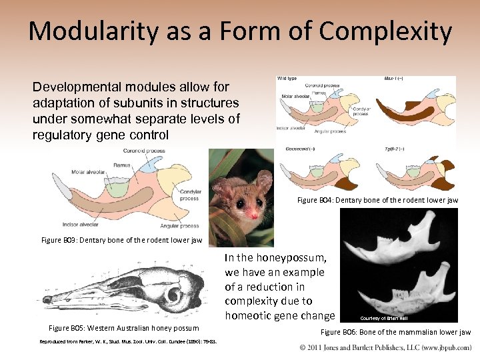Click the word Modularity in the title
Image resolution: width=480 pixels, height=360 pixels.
tap(93, 31)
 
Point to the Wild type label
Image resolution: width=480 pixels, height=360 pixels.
tap(288, 79)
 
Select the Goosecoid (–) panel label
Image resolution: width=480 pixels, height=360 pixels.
tap(300, 148)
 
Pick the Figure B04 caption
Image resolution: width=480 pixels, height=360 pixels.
tap(377, 200)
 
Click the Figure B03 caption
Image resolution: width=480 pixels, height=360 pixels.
tap(121, 240)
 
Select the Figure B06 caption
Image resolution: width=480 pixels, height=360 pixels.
tap(395, 332)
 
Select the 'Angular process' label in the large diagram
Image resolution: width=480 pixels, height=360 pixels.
tap(179, 225)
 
